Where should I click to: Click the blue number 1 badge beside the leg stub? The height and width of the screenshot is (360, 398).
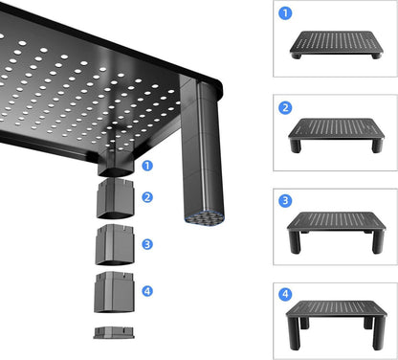click(147, 166)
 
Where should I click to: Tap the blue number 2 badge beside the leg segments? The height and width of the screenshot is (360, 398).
click(147, 197)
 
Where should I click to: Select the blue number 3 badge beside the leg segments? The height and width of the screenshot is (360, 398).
click(147, 244)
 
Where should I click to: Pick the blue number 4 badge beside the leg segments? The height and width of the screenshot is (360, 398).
click(147, 291)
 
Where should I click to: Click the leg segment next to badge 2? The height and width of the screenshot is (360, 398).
click(115, 198)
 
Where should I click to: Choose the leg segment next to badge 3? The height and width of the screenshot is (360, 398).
click(114, 244)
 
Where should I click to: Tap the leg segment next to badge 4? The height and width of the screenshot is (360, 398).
click(114, 292)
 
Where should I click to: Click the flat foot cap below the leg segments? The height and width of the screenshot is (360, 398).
click(114, 332)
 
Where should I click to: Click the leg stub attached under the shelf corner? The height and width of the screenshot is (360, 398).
click(115, 163)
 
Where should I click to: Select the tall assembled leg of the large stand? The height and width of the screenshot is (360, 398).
click(202, 150)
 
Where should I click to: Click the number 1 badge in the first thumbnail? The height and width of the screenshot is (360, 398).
click(285, 13)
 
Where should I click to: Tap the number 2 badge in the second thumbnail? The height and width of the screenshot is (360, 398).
click(285, 108)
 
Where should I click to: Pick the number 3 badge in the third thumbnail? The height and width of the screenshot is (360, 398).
click(285, 201)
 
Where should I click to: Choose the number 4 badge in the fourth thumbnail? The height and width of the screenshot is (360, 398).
click(285, 294)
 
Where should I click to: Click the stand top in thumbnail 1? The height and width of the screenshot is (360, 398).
click(337, 42)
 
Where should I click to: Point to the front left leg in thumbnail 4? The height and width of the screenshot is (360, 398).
click(294, 333)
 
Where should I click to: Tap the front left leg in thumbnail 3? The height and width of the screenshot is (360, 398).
click(295, 242)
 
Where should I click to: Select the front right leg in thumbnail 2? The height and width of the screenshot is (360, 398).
click(377, 146)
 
